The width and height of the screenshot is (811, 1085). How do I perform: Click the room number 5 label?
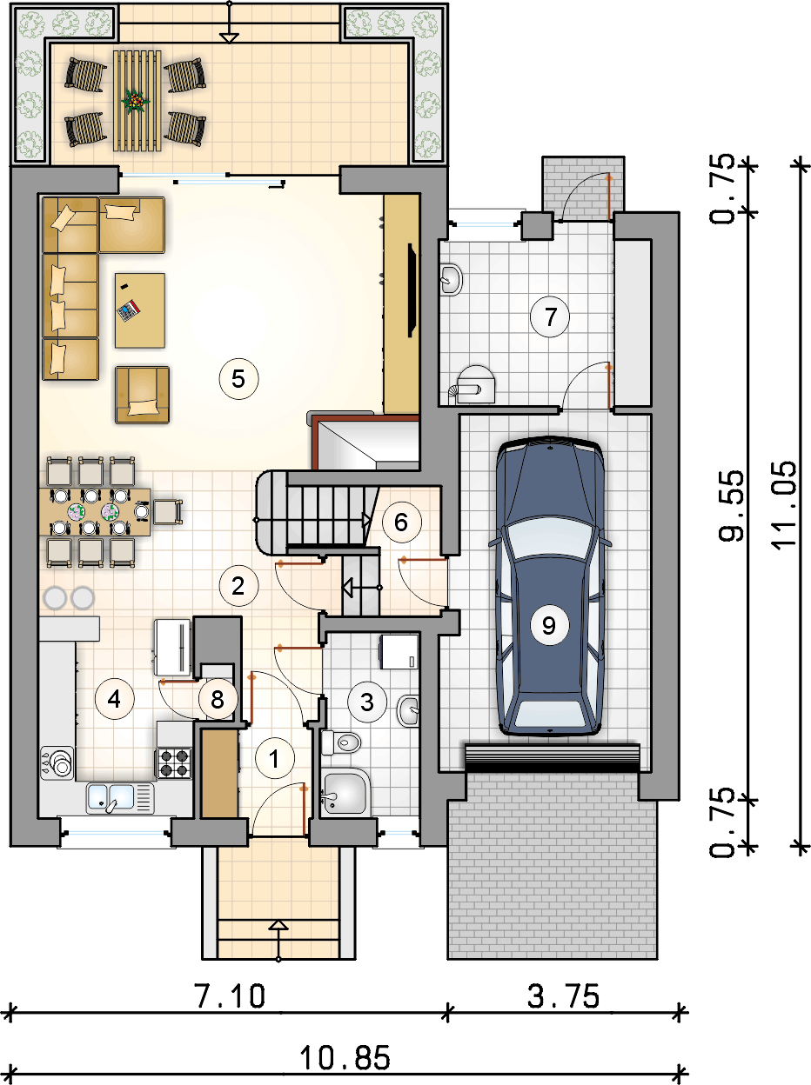click(x=238, y=379)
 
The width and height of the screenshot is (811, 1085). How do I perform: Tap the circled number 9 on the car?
click(x=549, y=625)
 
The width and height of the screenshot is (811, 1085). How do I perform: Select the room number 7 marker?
click(x=550, y=316)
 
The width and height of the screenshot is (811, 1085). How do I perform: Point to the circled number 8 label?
click(x=218, y=700)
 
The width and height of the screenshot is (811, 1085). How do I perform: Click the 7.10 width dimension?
click(x=231, y=996)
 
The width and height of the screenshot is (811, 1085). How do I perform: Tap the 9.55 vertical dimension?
click(x=732, y=505)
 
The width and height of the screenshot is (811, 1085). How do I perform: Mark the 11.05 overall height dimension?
click(x=784, y=504)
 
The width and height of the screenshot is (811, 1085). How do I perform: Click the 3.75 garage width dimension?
click(x=564, y=996)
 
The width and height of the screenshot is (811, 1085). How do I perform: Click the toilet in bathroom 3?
click(x=341, y=742)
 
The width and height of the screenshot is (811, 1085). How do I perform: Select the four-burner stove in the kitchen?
click(x=174, y=762)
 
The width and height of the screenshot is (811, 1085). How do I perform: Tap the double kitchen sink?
click(x=120, y=798)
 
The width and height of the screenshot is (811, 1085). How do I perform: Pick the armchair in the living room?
click(x=143, y=395)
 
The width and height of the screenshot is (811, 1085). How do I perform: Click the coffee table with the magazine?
click(x=140, y=310)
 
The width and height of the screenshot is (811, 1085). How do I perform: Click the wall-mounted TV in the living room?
click(x=412, y=290)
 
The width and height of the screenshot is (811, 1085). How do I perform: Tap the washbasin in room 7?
click(x=451, y=280)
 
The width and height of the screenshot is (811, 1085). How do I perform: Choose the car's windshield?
click(x=549, y=540)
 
